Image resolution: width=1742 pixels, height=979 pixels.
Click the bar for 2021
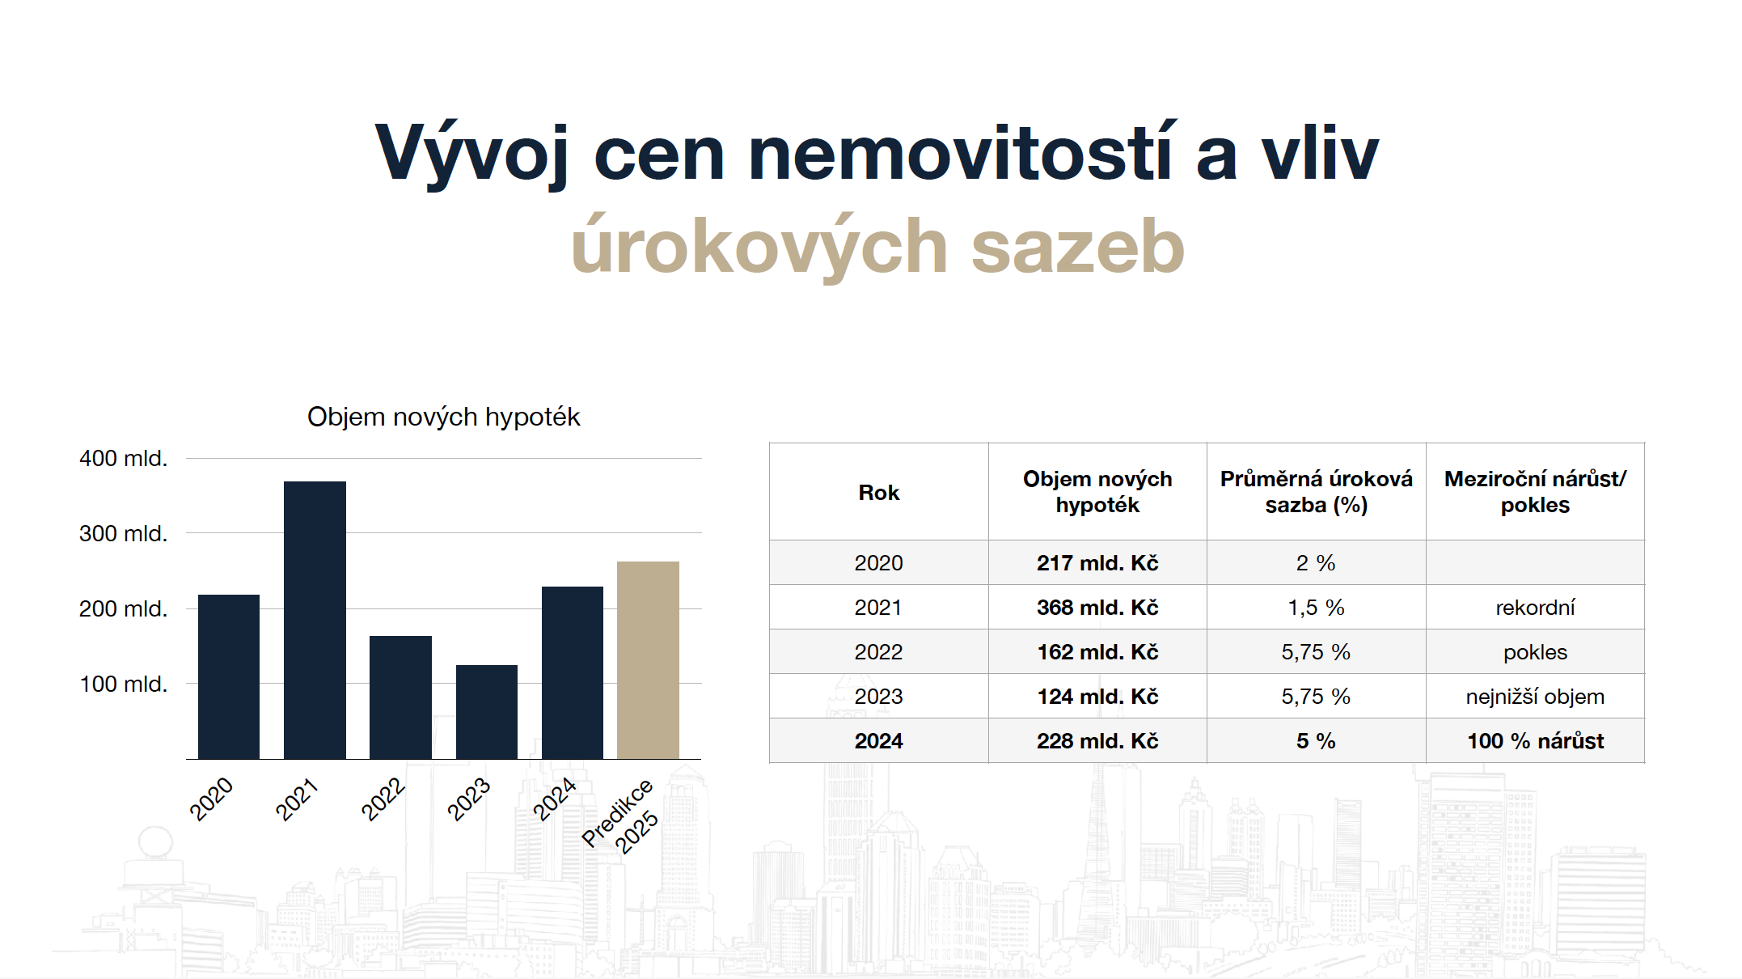tap(315, 620)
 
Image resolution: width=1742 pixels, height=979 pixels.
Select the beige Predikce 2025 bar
tap(648, 660)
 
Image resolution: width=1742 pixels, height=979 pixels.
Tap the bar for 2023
tap(487, 712)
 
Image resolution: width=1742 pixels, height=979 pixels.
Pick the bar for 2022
tap(400, 697)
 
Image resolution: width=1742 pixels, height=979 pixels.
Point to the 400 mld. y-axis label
tap(123, 458)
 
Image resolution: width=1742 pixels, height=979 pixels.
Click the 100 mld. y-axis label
tap(123, 684)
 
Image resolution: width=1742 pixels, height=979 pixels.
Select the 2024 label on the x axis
tap(555, 799)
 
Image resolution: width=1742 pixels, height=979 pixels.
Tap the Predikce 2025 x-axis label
tap(620, 816)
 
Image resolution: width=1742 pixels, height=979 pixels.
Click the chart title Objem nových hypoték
tap(443, 417)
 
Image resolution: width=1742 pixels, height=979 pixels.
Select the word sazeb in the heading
tap(1077, 246)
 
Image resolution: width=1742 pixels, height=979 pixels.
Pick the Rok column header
tap(878, 492)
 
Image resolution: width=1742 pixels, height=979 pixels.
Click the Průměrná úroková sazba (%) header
tap(1316, 492)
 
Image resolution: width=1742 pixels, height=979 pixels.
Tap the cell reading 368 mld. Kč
tap(1097, 607)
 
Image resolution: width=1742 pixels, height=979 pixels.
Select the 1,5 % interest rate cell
tap(1316, 607)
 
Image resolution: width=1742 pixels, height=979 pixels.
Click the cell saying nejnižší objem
tap(1535, 696)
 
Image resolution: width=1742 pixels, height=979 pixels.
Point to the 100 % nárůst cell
tap(1535, 740)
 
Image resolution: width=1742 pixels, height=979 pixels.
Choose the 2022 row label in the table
tap(878, 651)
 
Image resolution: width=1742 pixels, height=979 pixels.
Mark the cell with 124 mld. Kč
tap(1097, 696)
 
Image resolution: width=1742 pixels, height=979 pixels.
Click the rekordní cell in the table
tap(1535, 607)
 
